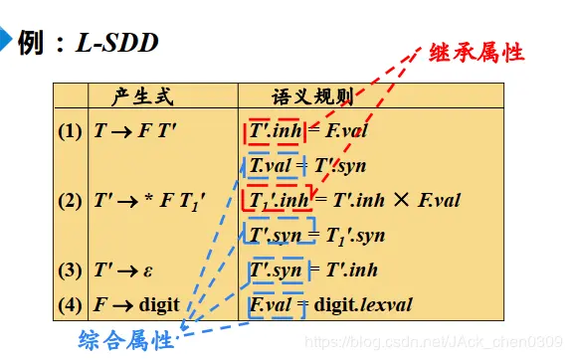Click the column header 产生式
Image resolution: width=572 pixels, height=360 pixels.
click(143, 97)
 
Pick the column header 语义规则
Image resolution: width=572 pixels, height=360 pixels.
click(312, 97)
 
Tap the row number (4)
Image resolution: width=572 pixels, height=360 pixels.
click(71, 303)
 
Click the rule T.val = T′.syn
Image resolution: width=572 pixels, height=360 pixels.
click(304, 164)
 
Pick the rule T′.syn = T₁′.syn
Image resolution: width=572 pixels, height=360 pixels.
click(316, 236)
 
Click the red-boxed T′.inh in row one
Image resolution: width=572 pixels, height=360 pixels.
click(272, 130)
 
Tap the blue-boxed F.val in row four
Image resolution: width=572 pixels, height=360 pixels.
click(271, 304)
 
